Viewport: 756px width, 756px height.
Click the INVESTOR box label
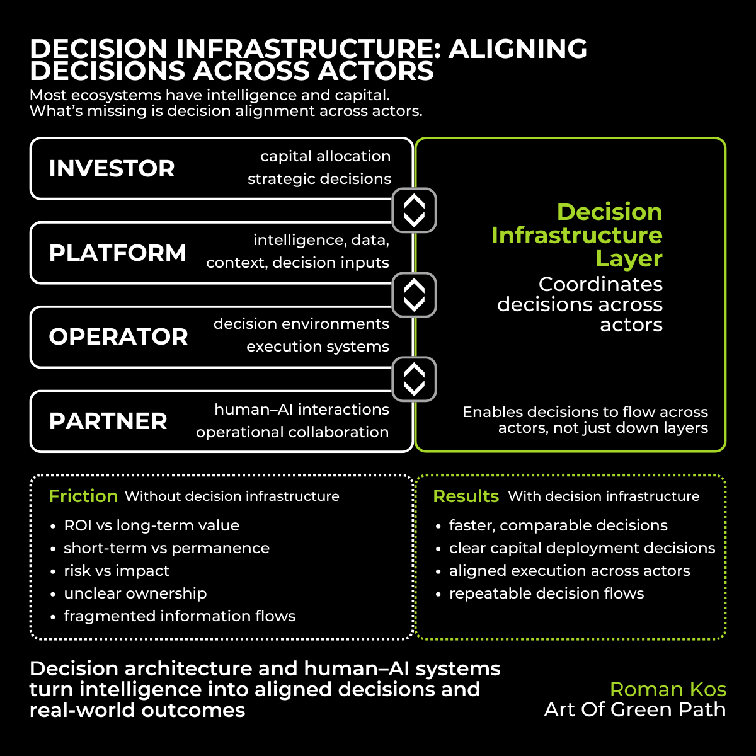pyautogui.click(x=112, y=169)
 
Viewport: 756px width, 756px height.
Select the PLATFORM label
pyautogui.click(x=118, y=253)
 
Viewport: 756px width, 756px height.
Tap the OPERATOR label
pyautogui.click(x=118, y=337)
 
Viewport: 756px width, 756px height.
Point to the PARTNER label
pyautogui.click(x=108, y=421)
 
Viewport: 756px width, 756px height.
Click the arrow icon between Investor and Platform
pyautogui.click(x=414, y=210)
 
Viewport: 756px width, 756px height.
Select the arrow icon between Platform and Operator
pyautogui.click(x=414, y=295)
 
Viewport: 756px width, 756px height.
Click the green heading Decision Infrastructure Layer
pyautogui.click(x=576, y=235)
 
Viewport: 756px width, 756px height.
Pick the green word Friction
pyautogui.click(x=83, y=496)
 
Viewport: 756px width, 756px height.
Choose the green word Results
pyautogui.click(x=466, y=496)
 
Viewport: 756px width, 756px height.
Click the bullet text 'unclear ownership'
pyautogui.click(x=135, y=593)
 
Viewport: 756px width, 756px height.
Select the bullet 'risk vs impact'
pyautogui.click(x=117, y=571)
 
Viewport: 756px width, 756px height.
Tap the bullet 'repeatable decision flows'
pyautogui.click(x=546, y=593)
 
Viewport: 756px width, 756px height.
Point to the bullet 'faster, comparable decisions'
pyautogui.click(x=558, y=525)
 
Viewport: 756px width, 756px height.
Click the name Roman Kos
pyautogui.click(x=668, y=689)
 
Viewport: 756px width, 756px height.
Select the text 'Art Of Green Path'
pyautogui.click(x=634, y=710)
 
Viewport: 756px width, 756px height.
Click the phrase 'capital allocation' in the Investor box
pyautogui.click(x=325, y=156)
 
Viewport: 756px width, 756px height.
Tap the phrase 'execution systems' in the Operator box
pyautogui.click(x=318, y=346)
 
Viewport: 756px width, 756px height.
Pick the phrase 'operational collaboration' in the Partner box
pyautogui.click(x=292, y=432)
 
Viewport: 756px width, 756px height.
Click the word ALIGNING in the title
pyautogui.click(x=517, y=50)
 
